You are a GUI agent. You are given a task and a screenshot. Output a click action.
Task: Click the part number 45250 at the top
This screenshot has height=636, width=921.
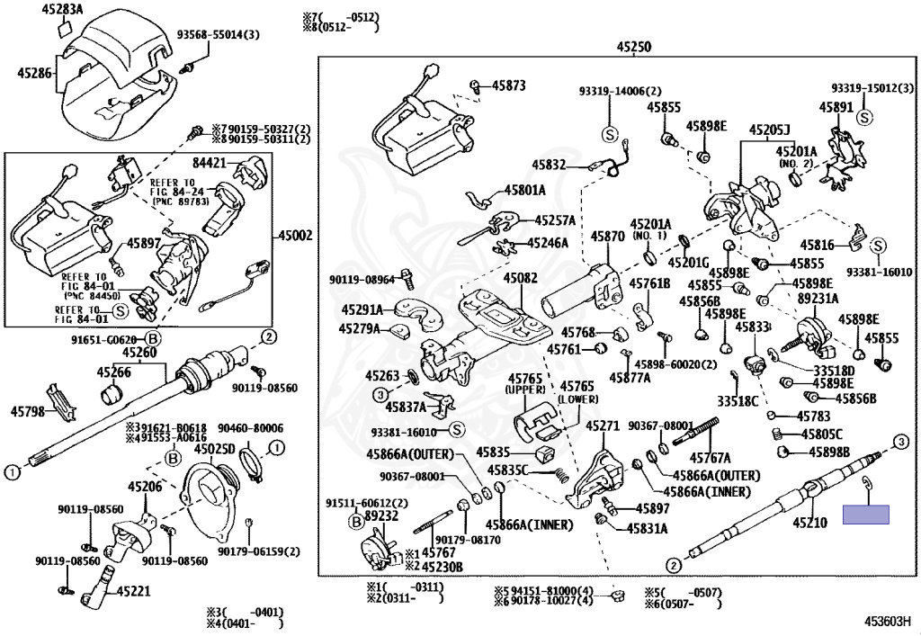click(x=633, y=47)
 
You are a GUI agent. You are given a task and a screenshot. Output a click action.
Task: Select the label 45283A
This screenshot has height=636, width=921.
click(x=61, y=10)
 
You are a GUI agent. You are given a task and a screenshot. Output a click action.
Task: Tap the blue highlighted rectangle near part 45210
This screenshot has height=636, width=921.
click(x=865, y=515)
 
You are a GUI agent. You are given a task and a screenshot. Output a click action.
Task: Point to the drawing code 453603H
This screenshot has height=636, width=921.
click(x=888, y=620)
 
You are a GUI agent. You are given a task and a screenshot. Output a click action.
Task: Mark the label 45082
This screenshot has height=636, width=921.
click(x=521, y=279)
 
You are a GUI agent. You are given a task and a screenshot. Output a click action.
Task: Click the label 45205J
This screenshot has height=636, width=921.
click(x=771, y=130)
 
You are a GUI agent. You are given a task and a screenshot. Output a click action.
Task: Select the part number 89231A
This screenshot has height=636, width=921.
click(x=818, y=298)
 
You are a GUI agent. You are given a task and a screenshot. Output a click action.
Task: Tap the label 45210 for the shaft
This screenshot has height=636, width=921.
click(x=809, y=523)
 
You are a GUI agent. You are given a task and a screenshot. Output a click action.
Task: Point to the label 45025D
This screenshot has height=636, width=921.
click(x=215, y=449)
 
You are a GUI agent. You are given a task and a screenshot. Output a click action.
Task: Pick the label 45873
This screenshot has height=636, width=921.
click(x=508, y=85)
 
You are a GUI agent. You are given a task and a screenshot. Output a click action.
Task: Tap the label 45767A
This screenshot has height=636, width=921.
click(x=711, y=457)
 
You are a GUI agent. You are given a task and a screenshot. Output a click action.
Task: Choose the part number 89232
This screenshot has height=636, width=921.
click(x=381, y=516)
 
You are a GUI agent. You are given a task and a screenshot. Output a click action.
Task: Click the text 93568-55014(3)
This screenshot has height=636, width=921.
click(x=218, y=35)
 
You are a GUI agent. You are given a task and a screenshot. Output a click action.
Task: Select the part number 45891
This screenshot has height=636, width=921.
click(x=836, y=107)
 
